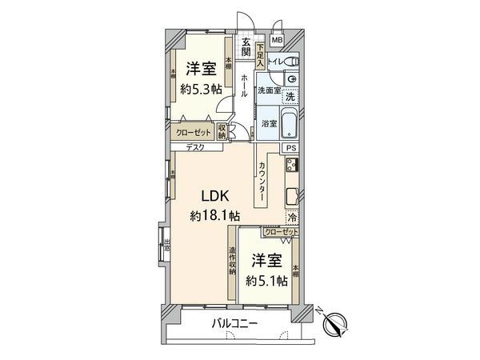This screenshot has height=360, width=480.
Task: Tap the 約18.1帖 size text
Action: tap(214, 215)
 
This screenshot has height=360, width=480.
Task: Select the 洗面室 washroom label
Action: tap(267, 91)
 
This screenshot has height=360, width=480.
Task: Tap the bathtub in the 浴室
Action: tap(290, 125)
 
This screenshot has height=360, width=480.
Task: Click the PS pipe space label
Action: tap(292, 148)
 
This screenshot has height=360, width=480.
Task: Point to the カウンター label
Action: tap(262, 181)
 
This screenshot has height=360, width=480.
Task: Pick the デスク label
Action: tap(194, 147)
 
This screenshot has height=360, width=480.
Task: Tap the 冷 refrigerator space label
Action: tap(292, 216)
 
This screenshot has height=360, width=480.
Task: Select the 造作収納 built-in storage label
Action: tap(232, 260)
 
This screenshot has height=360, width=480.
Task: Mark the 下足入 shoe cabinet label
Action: tap(260, 54)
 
